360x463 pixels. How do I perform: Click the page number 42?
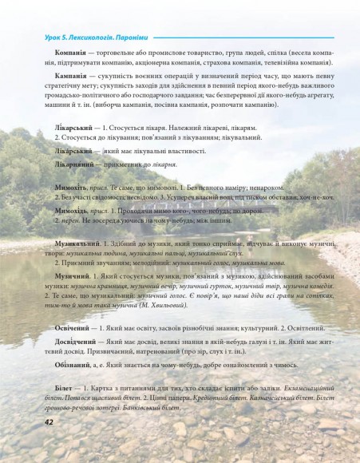tap(26, 444)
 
